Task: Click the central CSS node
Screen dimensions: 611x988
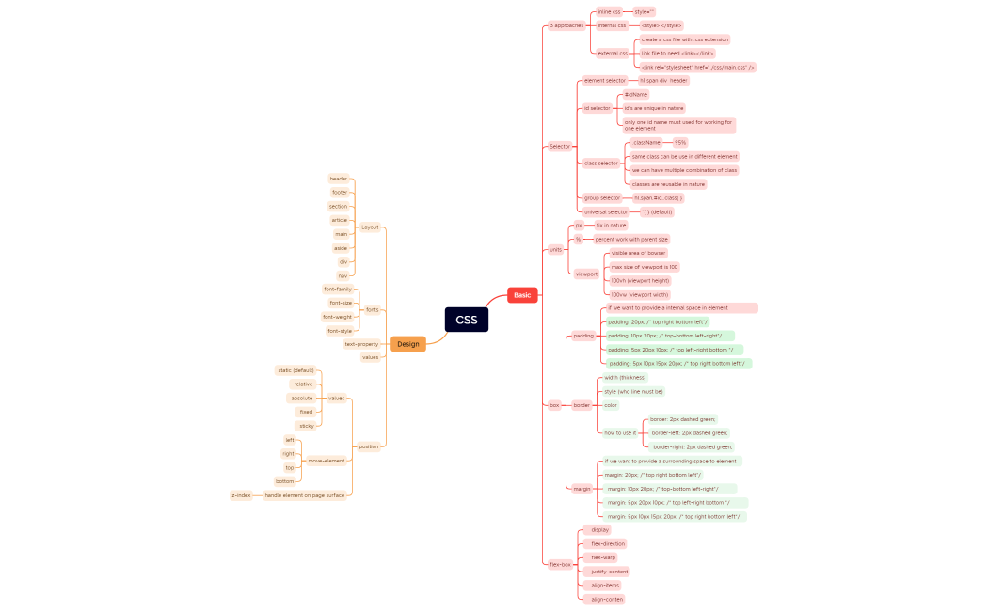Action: tap(467, 320)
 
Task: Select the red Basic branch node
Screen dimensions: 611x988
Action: tap(522, 295)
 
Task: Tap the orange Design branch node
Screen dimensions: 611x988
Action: tap(408, 344)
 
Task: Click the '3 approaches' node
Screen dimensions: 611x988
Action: tap(566, 25)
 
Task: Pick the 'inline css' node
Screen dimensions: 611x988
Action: tap(609, 12)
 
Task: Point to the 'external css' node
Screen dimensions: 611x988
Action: tap(612, 54)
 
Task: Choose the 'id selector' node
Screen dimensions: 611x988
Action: tap(597, 108)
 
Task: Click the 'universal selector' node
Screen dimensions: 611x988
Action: tap(605, 212)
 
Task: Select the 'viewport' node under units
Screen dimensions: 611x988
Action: tap(586, 274)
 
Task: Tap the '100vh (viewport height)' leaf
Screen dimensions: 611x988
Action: tap(640, 281)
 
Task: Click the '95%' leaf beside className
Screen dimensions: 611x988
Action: tap(680, 143)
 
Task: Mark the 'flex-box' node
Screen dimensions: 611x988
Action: tap(560, 564)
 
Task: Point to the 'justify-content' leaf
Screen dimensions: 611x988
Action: tap(609, 572)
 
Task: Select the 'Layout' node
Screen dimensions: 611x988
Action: tap(370, 227)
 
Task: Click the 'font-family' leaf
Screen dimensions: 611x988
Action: tap(337, 290)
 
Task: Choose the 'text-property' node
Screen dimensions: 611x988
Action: tap(361, 344)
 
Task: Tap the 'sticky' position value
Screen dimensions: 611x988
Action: tap(307, 426)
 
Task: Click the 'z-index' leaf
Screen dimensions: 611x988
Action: tap(241, 495)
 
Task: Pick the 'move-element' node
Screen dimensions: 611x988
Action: tap(327, 461)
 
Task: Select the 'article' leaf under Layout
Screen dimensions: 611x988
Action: tap(339, 220)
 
